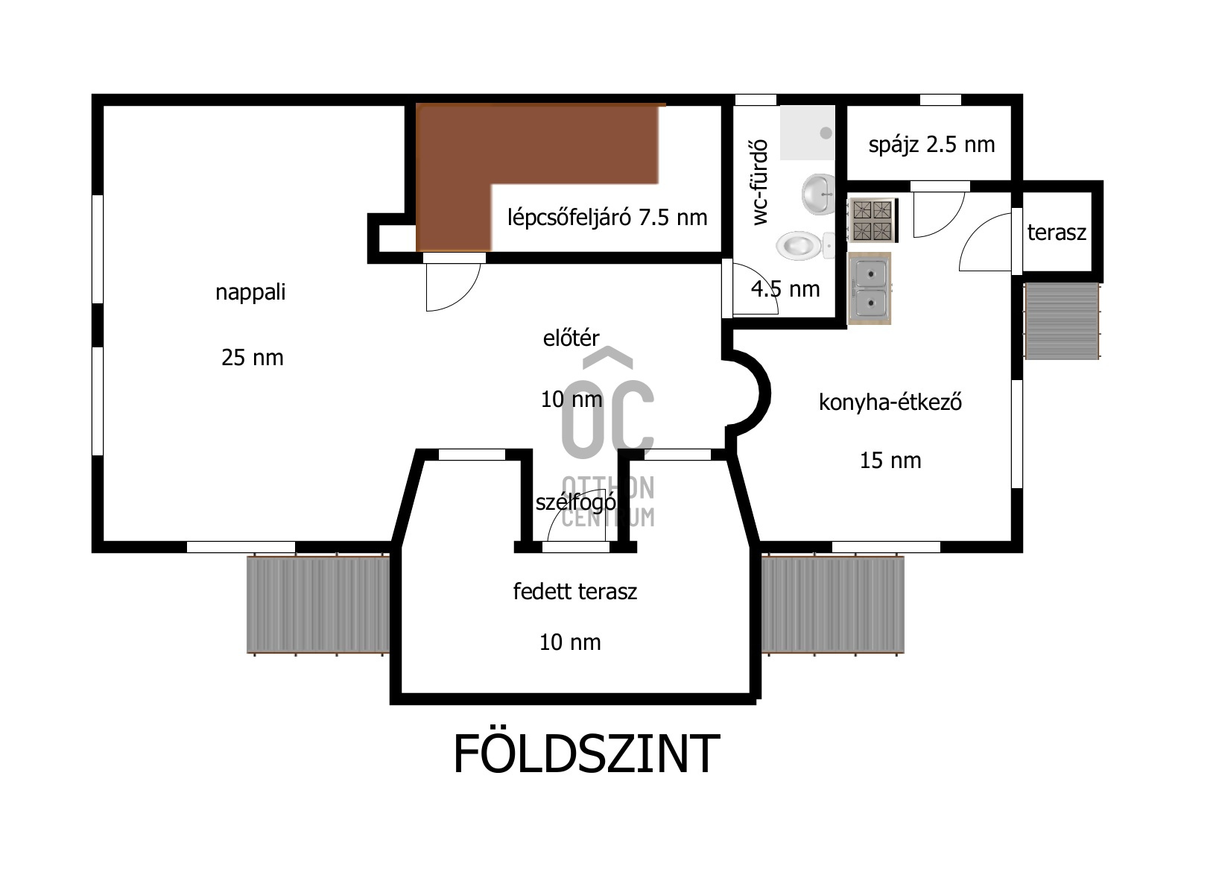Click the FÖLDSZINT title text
click(x=586, y=753)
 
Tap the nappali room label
click(x=250, y=292)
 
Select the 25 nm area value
click(x=252, y=358)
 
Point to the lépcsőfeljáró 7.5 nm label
click(x=607, y=218)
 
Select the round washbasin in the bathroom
click(x=819, y=194)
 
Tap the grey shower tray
click(x=807, y=133)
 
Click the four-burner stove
click(x=872, y=220)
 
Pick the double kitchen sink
click(x=870, y=288)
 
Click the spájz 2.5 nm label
click(x=931, y=144)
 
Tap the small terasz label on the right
click(x=1056, y=233)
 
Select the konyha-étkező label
click(x=890, y=402)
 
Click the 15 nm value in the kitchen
click(x=890, y=461)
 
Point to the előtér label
click(x=571, y=338)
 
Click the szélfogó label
click(x=575, y=502)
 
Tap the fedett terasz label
click(x=574, y=592)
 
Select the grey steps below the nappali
click(x=318, y=604)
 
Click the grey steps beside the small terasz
click(x=1062, y=321)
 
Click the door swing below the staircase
click(x=451, y=287)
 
